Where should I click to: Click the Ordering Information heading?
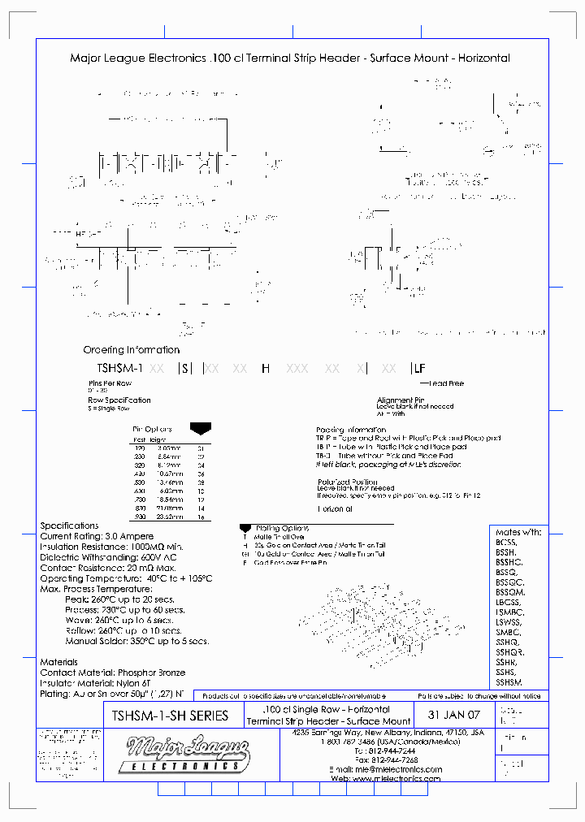[131, 350]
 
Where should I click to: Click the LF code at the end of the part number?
[419, 368]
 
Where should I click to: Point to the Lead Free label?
[445, 383]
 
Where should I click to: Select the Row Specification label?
[119, 400]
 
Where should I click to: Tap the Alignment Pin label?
[401, 400]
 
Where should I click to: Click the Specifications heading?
[69, 526]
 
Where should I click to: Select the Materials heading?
[59, 662]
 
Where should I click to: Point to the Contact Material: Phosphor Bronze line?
[112, 673]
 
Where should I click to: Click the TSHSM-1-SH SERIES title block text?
[167, 716]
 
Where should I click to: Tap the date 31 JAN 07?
[454, 716]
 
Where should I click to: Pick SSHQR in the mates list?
[509, 652]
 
